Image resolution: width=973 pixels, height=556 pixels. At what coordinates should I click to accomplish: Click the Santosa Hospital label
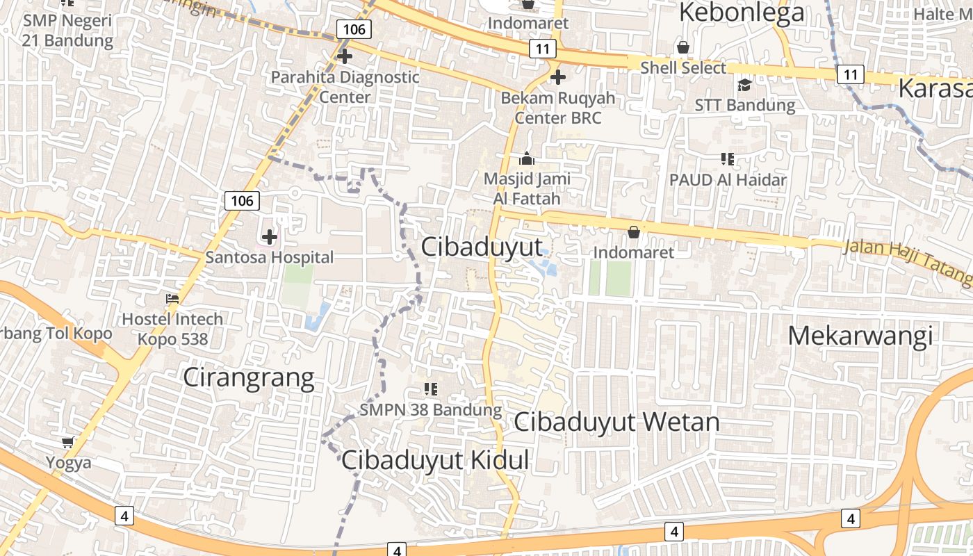(x=270, y=257)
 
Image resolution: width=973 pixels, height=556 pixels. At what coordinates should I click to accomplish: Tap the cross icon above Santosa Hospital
(x=270, y=236)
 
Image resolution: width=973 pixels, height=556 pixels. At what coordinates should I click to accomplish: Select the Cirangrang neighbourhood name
(x=248, y=377)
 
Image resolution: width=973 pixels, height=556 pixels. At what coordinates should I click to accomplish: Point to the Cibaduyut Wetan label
(x=616, y=421)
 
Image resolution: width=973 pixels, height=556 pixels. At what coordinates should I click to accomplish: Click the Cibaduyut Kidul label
(x=435, y=459)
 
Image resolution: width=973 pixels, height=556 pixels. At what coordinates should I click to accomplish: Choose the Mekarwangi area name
(x=860, y=336)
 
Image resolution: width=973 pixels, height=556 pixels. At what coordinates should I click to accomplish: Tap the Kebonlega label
(x=742, y=13)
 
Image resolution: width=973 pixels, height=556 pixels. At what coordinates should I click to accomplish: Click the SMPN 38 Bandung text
(x=430, y=409)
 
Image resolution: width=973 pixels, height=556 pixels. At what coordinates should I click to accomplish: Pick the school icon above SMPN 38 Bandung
(x=430, y=389)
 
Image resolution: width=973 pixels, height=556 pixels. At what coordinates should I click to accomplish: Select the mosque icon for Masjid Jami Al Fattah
(x=526, y=158)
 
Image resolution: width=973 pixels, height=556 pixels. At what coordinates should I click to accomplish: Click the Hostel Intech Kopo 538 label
(x=172, y=329)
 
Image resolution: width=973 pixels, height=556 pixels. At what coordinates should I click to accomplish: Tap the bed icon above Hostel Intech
(x=172, y=299)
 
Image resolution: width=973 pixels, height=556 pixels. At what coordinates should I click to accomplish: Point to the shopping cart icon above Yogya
(x=68, y=442)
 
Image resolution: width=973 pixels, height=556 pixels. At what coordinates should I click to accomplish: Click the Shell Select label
(x=682, y=67)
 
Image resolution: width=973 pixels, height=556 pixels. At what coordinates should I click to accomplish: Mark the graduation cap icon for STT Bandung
(x=744, y=85)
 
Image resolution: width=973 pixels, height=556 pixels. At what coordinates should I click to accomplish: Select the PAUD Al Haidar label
(x=728, y=179)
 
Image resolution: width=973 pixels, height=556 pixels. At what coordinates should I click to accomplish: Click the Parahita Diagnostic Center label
(x=345, y=86)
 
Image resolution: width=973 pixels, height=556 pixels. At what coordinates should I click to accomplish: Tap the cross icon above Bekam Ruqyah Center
(x=557, y=77)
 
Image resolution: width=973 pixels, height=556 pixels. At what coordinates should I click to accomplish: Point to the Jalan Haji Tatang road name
(x=907, y=261)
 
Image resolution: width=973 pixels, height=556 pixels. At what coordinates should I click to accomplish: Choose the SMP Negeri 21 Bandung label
(x=67, y=30)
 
